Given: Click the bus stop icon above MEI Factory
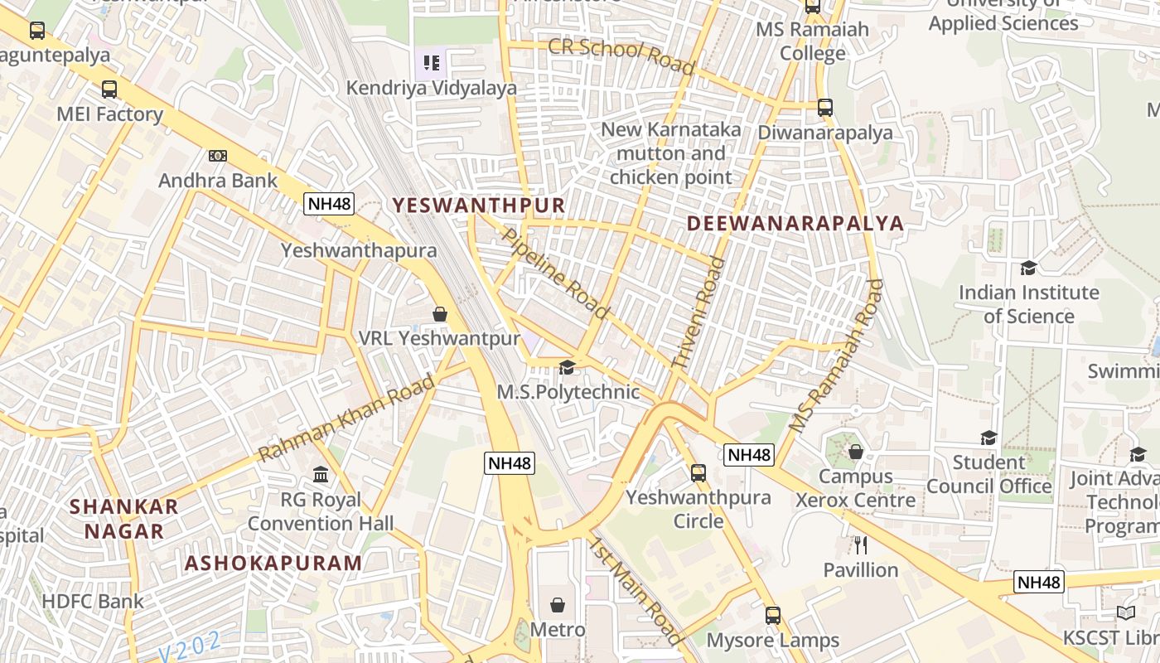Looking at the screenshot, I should click(109, 90).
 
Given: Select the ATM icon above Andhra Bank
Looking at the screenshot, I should click(218, 156).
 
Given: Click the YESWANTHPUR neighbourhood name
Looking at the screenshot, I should click(478, 205).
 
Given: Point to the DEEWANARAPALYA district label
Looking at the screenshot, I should click(795, 223).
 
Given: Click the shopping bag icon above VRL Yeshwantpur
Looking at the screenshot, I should click(440, 314).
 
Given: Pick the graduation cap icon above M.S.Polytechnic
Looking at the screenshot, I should click(567, 367).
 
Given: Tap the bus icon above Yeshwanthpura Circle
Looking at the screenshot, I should click(698, 473).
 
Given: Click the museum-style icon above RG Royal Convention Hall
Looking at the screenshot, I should click(321, 475).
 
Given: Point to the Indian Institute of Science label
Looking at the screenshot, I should click(1028, 304).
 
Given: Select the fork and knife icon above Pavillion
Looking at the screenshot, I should click(861, 545).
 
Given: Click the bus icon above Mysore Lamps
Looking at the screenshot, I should click(773, 616).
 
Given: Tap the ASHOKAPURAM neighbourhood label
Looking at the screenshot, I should click(273, 564).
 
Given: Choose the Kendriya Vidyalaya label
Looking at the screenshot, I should click(431, 88).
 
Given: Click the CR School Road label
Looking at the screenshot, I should click(621, 56).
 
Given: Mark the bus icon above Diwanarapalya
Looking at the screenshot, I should click(825, 108).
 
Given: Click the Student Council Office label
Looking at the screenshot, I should click(988, 474).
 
